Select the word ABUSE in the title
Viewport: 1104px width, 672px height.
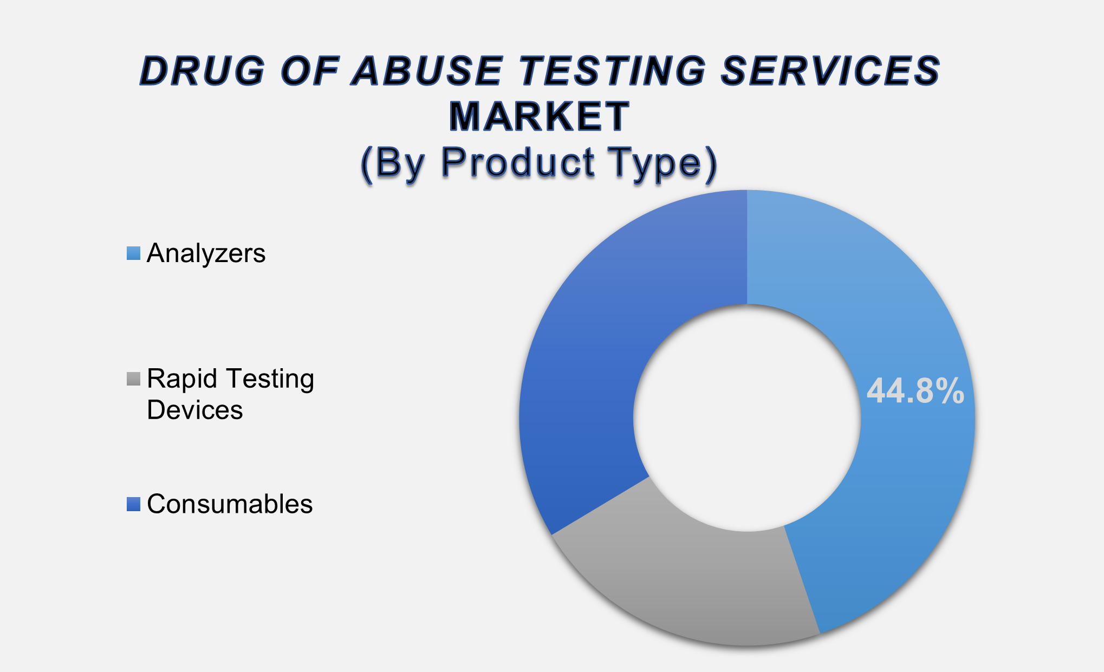tap(428, 71)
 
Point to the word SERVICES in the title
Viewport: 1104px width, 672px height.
tap(832, 71)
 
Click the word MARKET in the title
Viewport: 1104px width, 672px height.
tap(539, 116)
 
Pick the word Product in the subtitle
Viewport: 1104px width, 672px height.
tap(518, 162)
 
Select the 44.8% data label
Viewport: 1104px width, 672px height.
tap(915, 391)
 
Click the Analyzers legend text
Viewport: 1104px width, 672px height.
tap(206, 253)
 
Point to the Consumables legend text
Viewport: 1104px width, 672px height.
tap(230, 504)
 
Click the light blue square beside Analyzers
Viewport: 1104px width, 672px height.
tap(133, 253)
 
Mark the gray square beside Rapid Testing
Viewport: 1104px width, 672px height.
tap(133, 379)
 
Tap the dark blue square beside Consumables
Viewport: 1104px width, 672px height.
tap(133, 504)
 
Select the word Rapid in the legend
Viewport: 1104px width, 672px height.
tap(182, 379)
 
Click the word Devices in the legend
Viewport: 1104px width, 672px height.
tap(194, 410)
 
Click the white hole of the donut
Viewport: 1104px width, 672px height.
tap(747, 417)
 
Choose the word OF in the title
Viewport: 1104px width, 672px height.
tap(310, 71)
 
